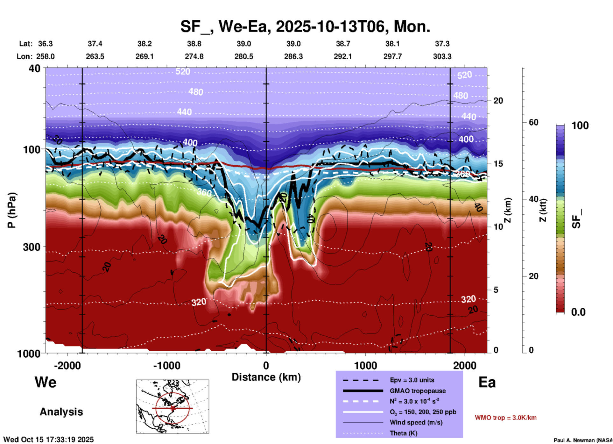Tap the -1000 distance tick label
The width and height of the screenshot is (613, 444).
166,366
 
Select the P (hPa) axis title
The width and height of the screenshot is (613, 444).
12,210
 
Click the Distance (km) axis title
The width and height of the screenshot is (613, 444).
266,377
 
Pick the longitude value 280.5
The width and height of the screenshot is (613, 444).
244,56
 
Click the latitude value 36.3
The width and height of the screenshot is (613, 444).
46,44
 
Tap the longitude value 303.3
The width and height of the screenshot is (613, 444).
442,56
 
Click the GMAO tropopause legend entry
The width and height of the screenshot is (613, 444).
418,391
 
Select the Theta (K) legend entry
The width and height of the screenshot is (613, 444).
404,433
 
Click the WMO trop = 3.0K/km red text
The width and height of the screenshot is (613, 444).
505,418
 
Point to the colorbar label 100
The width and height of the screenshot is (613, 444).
580,125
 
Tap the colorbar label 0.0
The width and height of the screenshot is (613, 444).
578,312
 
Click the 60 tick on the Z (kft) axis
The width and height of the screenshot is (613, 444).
533,122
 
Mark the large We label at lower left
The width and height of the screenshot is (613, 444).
46,382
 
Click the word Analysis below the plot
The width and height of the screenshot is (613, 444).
61,412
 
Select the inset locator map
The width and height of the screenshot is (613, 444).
173,406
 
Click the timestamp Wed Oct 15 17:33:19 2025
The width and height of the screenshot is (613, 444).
48,440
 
